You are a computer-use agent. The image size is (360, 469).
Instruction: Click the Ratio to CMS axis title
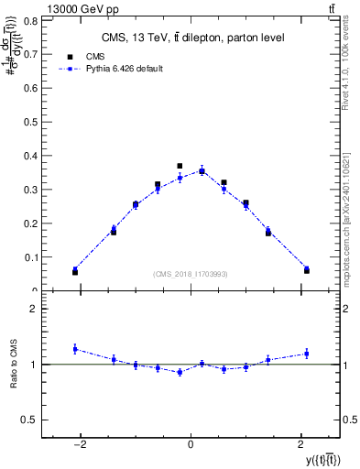(12, 364)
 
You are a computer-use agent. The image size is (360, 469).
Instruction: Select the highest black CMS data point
(180, 166)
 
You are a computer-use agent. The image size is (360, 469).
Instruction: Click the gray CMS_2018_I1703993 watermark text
(191, 274)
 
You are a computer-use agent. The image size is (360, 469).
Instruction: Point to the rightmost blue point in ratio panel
(307, 354)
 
